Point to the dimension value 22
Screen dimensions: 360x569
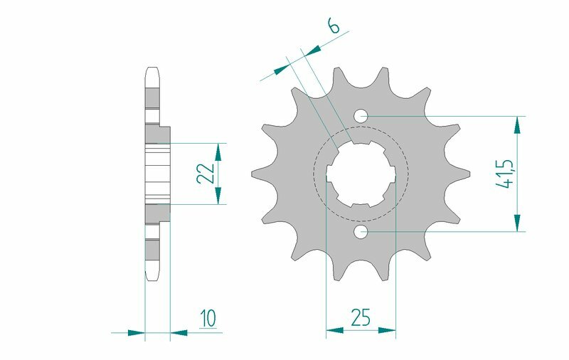tap(205, 174)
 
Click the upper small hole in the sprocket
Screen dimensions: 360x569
tap(361, 115)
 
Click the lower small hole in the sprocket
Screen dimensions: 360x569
tap(361, 231)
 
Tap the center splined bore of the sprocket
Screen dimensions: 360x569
tap(361, 174)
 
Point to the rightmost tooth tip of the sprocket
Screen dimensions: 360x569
tap(469, 173)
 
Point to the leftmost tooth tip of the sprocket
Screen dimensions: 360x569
tap(254, 173)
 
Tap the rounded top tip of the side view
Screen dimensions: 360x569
tap(151, 70)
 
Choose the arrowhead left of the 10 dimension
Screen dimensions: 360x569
tap(137, 332)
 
